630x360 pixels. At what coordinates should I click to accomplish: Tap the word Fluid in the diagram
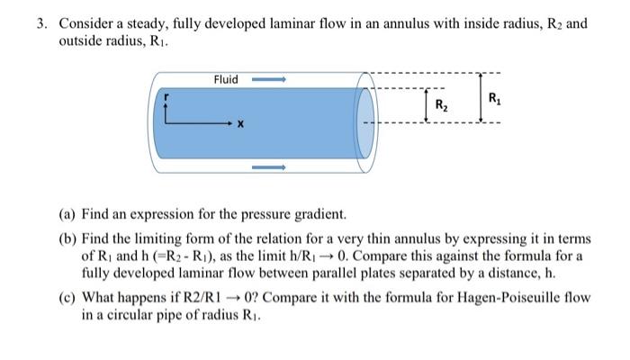[x=226, y=79]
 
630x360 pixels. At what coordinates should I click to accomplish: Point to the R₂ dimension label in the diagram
[x=441, y=104]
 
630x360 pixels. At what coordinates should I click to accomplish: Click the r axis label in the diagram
[x=165, y=94]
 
